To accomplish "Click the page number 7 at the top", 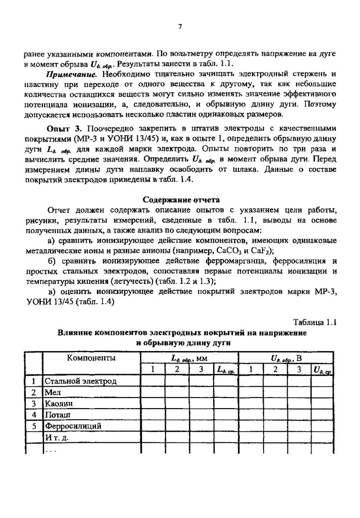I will point(180,27).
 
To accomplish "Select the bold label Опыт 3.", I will point(65,129).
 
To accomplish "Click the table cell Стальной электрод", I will point(81,381).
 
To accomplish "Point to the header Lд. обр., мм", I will point(189,358).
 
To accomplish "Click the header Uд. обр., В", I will point(286,358).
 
